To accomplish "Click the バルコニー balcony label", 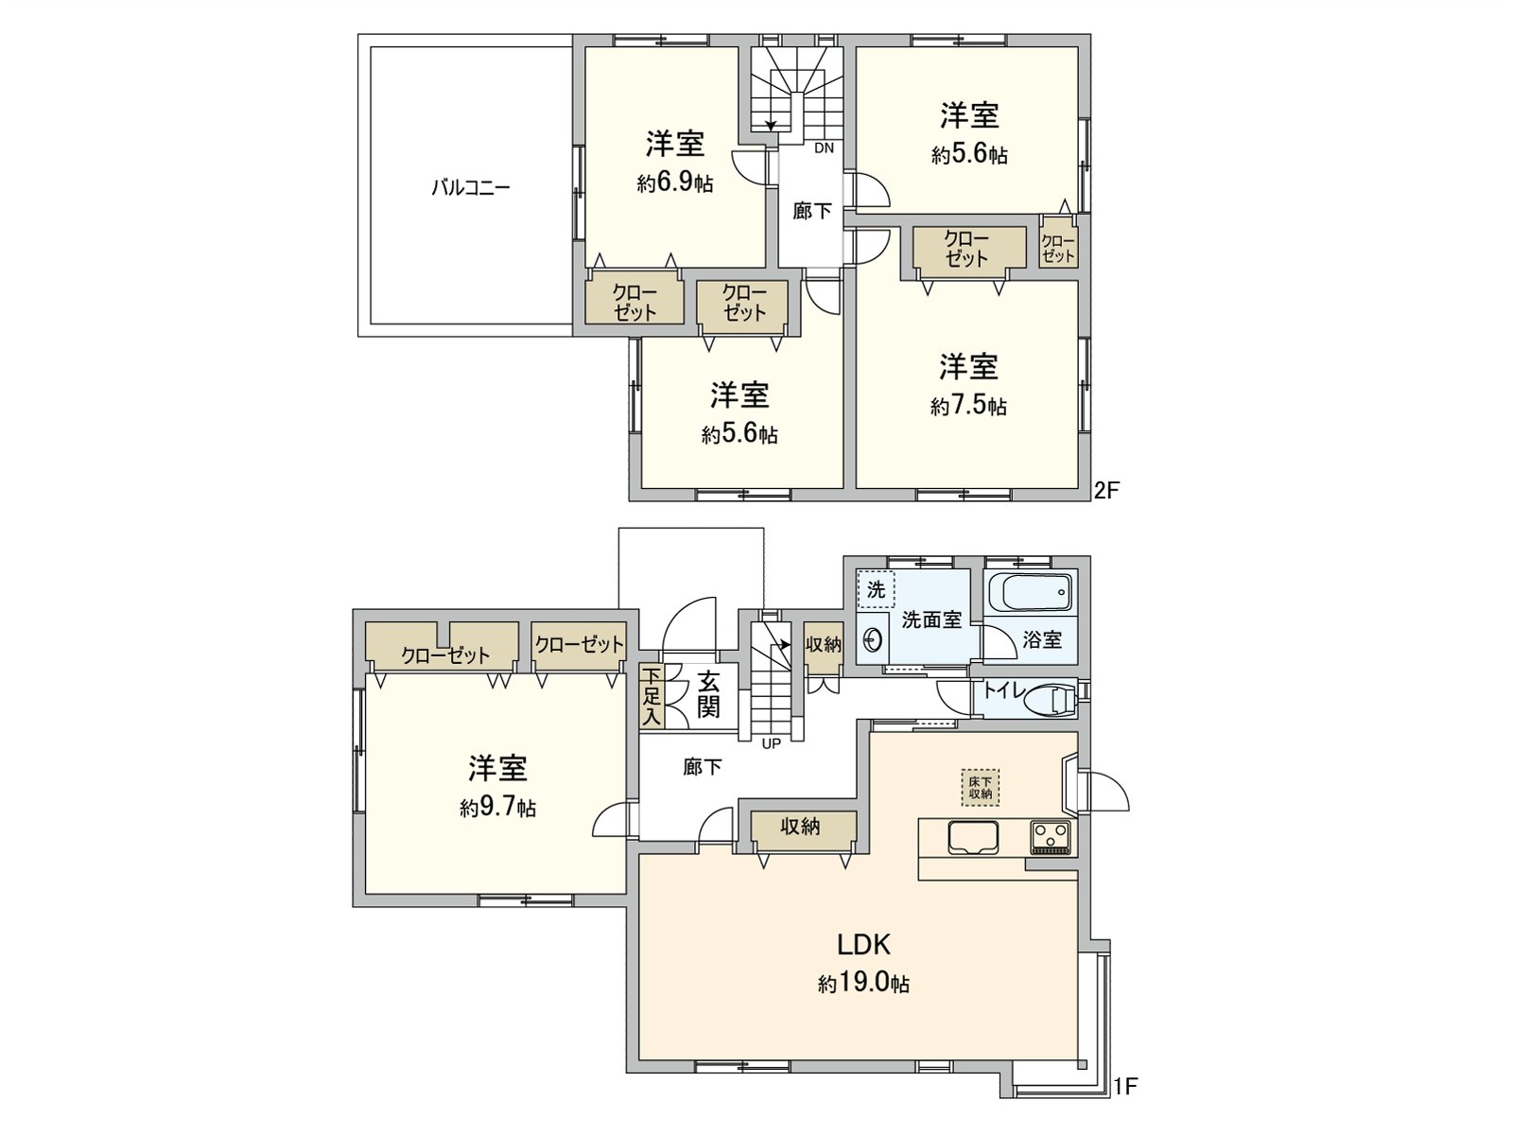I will click(x=471, y=187).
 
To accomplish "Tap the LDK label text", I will click(x=863, y=944).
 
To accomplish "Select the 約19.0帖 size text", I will click(x=863, y=984).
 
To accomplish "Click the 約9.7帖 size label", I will click(x=497, y=809).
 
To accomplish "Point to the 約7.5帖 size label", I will click(x=968, y=407).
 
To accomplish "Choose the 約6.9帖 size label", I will click(x=675, y=183).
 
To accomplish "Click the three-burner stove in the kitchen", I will click(x=1051, y=837).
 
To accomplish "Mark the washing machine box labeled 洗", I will click(x=877, y=590).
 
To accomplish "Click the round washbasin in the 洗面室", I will click(x=872, y=640).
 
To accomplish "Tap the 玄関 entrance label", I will click(x=708, y=694).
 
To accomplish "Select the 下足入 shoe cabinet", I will click(x=651, y=696).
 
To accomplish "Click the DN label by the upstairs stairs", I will click(x=824, y=148).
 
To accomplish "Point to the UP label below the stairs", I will click(x=772, y=743).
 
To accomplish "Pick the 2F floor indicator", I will click(x=1106, y=491).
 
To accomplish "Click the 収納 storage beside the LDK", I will click(x=800, y=828).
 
